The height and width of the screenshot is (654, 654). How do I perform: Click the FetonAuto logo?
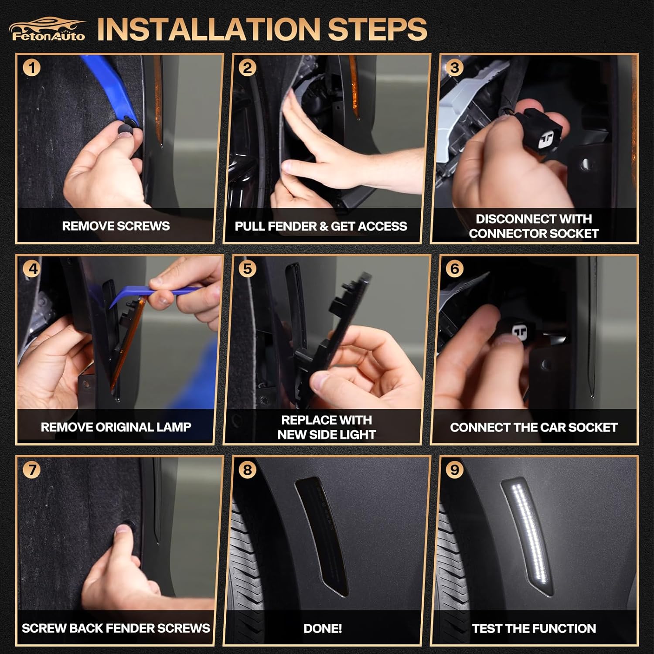pos(47,29)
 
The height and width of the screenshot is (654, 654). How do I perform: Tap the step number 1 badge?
pos(31,68)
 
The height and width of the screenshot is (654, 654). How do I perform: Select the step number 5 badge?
pos(247,269)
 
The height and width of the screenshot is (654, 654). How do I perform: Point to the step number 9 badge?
pos(455,470)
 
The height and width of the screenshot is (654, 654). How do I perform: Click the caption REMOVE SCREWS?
pos(116,226)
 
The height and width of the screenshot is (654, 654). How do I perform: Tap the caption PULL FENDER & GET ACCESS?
pos(321,226)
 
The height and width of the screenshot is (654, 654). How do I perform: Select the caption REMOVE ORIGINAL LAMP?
pos(116,427)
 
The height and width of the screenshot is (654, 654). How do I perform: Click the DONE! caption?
pos(323,628)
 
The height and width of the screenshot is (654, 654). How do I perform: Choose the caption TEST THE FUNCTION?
pos(534,628)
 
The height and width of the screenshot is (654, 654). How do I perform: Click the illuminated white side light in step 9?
pos(528,536)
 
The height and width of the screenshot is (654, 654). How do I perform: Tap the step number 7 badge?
pos(31,470)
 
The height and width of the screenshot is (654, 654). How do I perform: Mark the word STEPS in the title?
pos(377,30)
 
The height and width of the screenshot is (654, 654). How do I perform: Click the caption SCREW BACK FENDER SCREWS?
pos(116,628)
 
